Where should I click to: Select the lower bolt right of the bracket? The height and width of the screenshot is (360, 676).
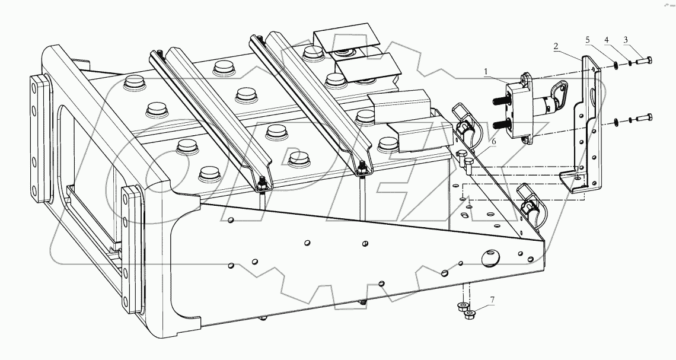[x=644, y=119]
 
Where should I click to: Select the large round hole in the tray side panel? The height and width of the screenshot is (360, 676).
[x=490, y=257]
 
